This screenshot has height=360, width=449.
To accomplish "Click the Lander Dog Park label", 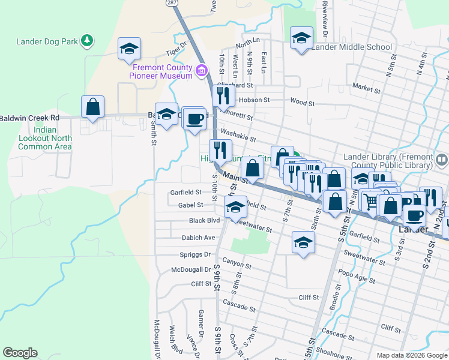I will pos(47,41).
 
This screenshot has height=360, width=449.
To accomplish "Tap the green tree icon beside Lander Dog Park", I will pos(87,41).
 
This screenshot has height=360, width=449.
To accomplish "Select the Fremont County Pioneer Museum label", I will pos(163,71).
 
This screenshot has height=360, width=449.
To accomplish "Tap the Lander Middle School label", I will pos(352,47).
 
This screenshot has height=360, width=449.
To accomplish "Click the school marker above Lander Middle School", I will pos(302,38).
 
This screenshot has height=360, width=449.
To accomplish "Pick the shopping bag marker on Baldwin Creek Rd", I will pos(93,107).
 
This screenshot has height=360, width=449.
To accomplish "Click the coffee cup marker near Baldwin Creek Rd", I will pos(194,118).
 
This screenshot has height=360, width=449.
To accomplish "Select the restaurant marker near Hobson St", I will pos(223,95).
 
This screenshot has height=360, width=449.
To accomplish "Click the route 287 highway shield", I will pos(172,3).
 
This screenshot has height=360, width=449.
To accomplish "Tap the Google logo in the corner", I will pos(20,353).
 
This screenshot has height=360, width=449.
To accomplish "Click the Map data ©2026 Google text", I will pos(412,355).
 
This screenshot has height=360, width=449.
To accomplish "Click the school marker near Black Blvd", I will pos(235,208).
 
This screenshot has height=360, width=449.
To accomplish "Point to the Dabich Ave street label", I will pos(198,238).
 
